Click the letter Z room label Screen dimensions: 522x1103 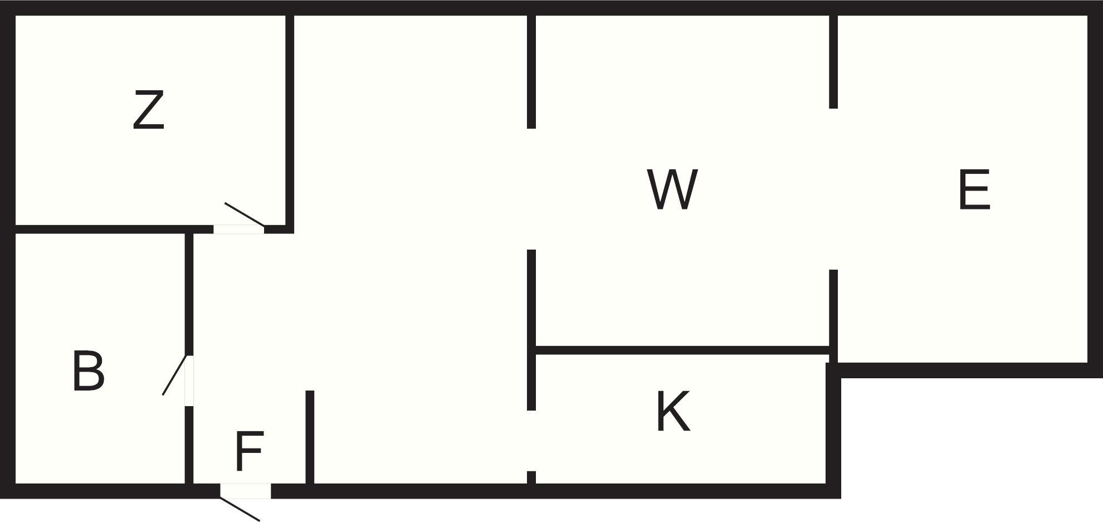click(149, 110)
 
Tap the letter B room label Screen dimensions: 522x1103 click(89, 371)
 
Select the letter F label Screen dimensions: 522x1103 click(249, 451)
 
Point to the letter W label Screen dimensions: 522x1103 click(672, 189)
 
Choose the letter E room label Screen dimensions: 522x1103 click(974, 190)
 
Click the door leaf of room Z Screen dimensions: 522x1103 click(244, 214)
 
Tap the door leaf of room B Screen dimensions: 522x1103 click(174, 375)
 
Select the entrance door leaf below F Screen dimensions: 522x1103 click(240, 509)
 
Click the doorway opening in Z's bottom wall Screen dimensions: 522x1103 click(238, 229)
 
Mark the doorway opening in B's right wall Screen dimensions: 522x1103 click(189, 380)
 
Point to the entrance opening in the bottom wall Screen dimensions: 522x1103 click(246, 491)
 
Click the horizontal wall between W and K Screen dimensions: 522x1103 click(682, 350)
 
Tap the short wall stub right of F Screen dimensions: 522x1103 click(310, 437)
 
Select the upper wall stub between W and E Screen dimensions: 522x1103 click(833, 61)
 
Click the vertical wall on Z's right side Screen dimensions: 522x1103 click(290, 120)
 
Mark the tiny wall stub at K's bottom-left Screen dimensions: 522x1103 click(531, 477)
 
